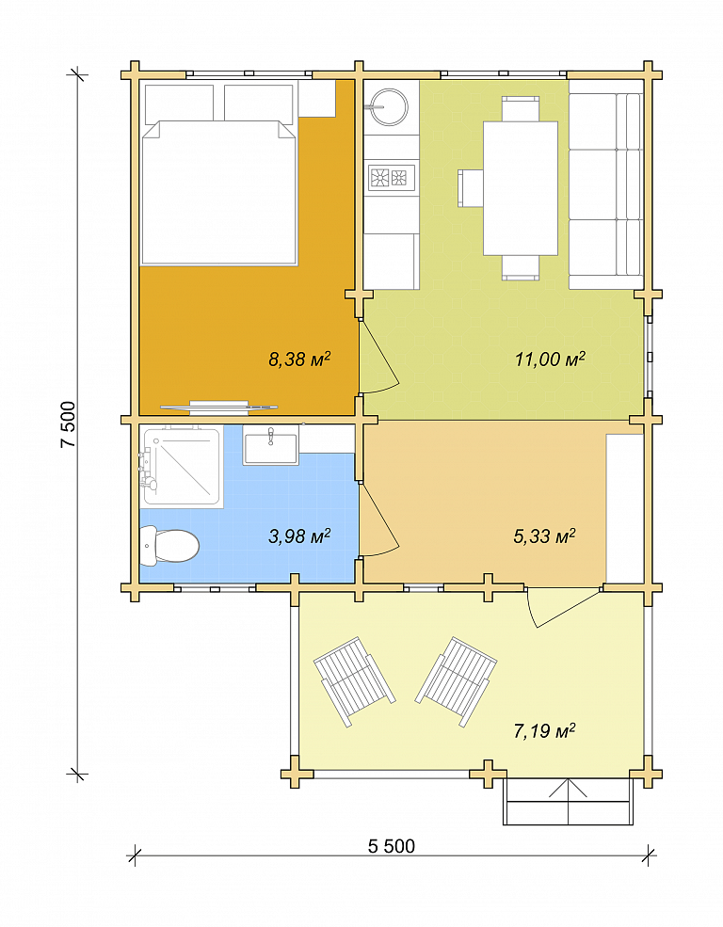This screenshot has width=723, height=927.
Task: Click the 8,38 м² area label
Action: (299, 359)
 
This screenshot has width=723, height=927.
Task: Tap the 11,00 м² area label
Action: (550, 359)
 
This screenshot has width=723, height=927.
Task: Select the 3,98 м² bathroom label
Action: (299, 535)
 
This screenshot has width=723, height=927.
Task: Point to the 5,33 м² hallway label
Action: (544, 535)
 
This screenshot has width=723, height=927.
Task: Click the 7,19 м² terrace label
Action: (544, 731)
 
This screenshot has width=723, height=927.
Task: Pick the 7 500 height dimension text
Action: (68, 424)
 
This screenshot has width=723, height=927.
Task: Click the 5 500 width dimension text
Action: (392, 846)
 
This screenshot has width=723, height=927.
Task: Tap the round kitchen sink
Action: (389, 107)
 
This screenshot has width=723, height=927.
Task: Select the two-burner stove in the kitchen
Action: (392, 177)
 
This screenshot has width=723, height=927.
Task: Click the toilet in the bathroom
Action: (169, 546)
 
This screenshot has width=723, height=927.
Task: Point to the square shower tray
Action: (183, 467)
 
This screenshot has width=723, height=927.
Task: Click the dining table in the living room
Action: (521, 188)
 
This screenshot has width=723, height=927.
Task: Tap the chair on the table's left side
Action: (471, 188)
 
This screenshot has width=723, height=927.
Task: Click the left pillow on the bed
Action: (179, 104)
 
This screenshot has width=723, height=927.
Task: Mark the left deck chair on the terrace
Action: (354, 681)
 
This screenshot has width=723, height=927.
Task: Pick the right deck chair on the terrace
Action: (457, 680)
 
